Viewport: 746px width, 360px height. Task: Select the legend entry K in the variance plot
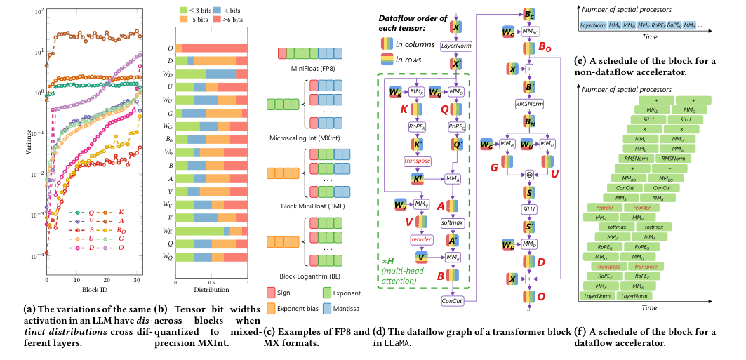click(x=121, y=211)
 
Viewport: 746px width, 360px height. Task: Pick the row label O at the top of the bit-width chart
click(x=171, y=47)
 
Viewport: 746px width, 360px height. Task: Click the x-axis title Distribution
click(x=211, y=289)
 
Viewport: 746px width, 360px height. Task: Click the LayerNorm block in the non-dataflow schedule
click(x=594, y=25)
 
